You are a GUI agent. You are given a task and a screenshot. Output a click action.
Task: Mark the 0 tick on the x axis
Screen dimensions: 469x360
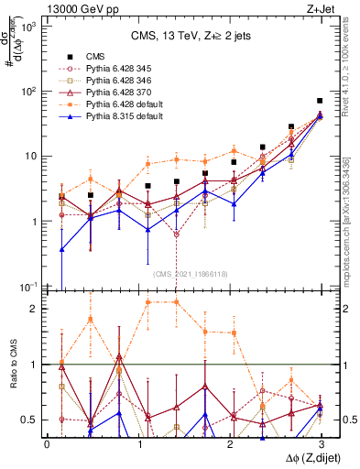tap(47, 442)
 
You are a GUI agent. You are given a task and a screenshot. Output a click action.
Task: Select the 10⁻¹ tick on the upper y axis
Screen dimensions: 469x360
tap(32, 286)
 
